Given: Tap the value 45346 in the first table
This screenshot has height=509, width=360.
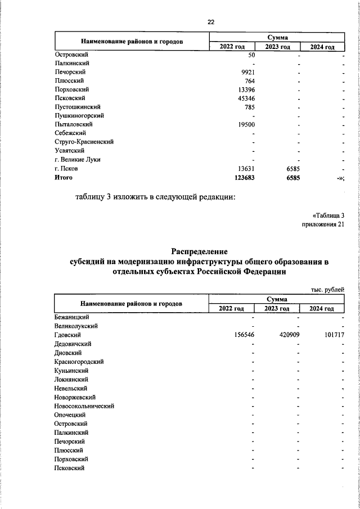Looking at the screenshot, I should pyautogui.click(x=245, y=98).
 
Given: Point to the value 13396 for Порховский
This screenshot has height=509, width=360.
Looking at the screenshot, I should pyautogui.click(x=245, y=89).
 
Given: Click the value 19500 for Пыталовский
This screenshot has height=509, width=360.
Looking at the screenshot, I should pyautogui.click(x=245, y=124).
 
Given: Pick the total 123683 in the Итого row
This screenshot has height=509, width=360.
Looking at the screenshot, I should pyautogui.click(x=244, y=177).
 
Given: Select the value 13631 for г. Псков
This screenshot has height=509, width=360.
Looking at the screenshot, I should pyautogui.click(x=245, y=168).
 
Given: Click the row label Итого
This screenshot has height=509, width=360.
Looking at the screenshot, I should pyautogui.click(x=64, y=177).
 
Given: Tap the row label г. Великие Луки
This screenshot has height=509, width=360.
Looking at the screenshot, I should pyautogui.click(x=77, y=159).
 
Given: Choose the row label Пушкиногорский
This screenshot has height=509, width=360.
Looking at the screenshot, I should pyautogui.click(x=78, y=115).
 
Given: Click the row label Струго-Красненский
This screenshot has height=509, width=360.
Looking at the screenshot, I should pyautogui.click(x=84, y=142).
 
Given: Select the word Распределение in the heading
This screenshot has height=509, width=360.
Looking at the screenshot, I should pyautogui.click(x=199, y=251).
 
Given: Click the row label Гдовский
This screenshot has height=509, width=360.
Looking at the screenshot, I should pyautogui.click(x=68, y=335).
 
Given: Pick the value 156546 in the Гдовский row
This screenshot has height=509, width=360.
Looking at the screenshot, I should pyautogui.click(x=244, y=335).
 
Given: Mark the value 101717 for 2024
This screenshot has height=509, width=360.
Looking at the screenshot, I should pyautogui.click(x=332, y=335).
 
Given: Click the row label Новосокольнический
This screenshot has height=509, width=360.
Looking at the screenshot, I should pyautogui.click(x=84, y=406).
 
